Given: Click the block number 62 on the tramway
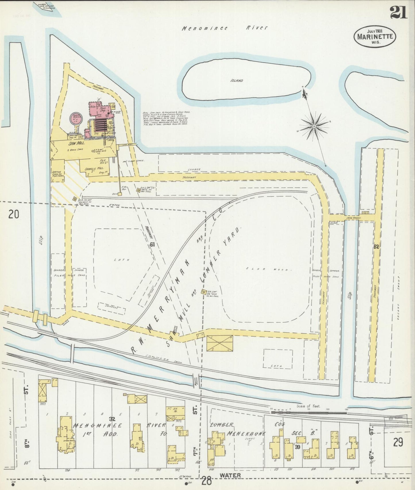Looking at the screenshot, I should pos(376,247).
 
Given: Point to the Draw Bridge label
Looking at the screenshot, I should pos(354,218).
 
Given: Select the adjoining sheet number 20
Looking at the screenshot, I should pos(13,214).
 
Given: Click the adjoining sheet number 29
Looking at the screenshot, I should pos(398,443).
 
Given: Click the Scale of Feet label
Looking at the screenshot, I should pos(309,406).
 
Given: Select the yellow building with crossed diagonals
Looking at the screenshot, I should pos(220,343).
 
